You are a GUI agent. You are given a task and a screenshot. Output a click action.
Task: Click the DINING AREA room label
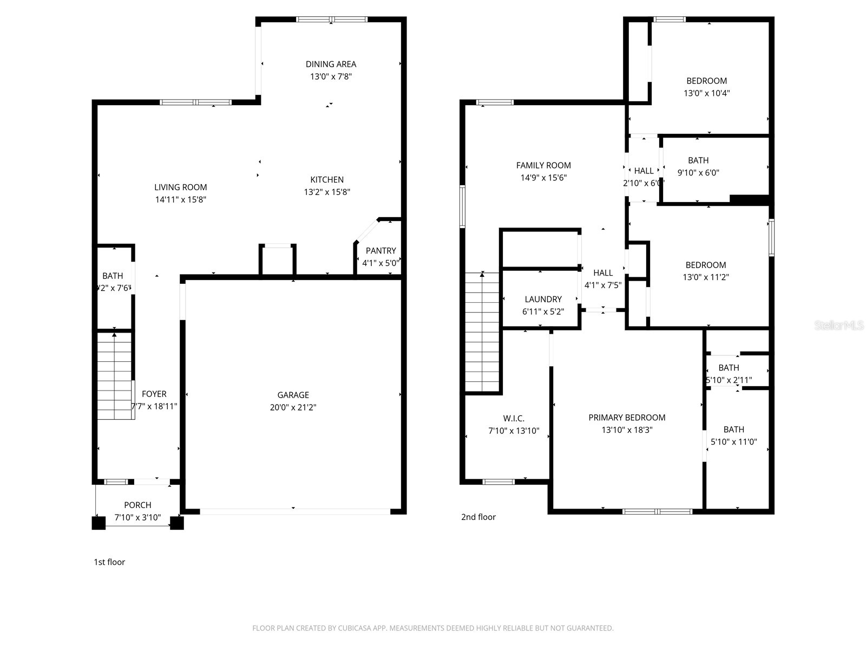pyautogui.click(x=331, y=64)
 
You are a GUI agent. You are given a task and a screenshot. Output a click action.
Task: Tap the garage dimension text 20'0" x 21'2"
pyautogui.click(x=293, y=407)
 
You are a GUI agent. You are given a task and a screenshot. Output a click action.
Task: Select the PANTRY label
pyautogui.click(x=380, y=251)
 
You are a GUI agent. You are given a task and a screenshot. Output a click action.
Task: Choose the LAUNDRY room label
pyautogui.click(x=543, y=299)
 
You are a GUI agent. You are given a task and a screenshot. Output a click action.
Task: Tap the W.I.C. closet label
pyautogui.click(x=514, y=418)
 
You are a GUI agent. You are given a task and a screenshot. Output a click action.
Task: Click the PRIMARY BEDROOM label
pyautogui.click(x=627, y=418)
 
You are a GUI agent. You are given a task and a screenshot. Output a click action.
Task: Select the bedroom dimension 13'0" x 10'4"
pyautogui.click(x=706, y=93)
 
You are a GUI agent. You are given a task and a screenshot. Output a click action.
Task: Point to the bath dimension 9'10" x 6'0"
pyautogui.click(x=698, y=173)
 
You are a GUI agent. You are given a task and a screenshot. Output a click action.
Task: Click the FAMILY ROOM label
pyautogui.click(x=543, y=165)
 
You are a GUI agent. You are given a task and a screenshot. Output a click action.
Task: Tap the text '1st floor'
pyautogui.click(x=109, y=562)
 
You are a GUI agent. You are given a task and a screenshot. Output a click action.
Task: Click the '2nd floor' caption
pyautogui.click(x=478, y=517)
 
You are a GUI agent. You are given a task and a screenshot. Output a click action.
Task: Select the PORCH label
pyautogui.click(x=137, y=505)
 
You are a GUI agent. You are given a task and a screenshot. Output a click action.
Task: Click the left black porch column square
pyautogui.click(x=99, y=523)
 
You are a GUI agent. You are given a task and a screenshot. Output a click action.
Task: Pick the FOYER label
pyautogui.click(x=154, y=394)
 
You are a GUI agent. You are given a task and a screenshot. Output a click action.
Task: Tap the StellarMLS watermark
pyautogui.click(x=839, y=325)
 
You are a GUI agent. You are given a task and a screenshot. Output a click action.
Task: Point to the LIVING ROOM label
pyautogui.click(x=180, y=187)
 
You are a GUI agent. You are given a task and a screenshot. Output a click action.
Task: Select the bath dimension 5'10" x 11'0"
pyautogui.click(x=733, y=442)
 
